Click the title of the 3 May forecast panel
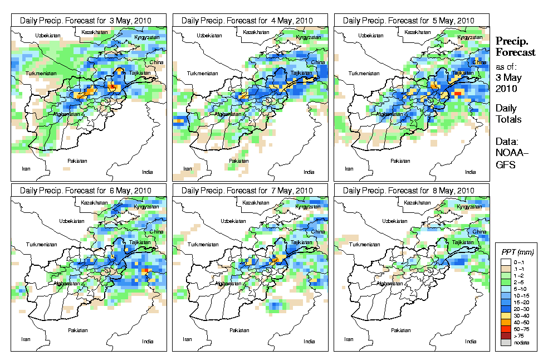tap(89, 21)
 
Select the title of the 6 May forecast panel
tap(89, 191)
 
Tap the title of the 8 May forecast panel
tap(412, 191)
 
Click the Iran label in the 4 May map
tap(188, 168)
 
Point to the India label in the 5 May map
tap(471, 172)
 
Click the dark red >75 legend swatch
tap(505, 335)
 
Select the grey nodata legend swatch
tap(505, 343)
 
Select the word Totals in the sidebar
tap(508, 119)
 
